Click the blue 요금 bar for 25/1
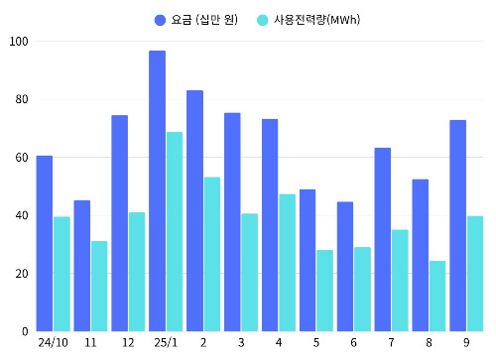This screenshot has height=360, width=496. [157, 190]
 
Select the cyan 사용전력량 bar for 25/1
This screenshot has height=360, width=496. [175, 231]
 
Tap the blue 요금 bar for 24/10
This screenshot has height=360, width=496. [45, 243]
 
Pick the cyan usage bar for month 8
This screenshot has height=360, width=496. [437, 296]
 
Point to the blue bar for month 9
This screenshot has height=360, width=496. [457, 225]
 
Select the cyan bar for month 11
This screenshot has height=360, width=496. [99, 286]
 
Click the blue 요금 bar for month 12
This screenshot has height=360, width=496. [119, 223]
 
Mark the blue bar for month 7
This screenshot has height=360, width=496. [382, 239]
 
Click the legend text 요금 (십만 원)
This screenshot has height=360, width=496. [203, 20]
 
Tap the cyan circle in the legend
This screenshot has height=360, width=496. [262, 20]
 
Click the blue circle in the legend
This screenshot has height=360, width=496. [160, 20]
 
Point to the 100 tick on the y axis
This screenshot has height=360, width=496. [18, 42]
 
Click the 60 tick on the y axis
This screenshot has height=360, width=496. [21, 158]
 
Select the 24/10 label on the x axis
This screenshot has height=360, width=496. [53, 343]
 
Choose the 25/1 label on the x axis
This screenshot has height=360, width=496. [166, 343]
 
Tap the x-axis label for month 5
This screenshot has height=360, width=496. [316, 343]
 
